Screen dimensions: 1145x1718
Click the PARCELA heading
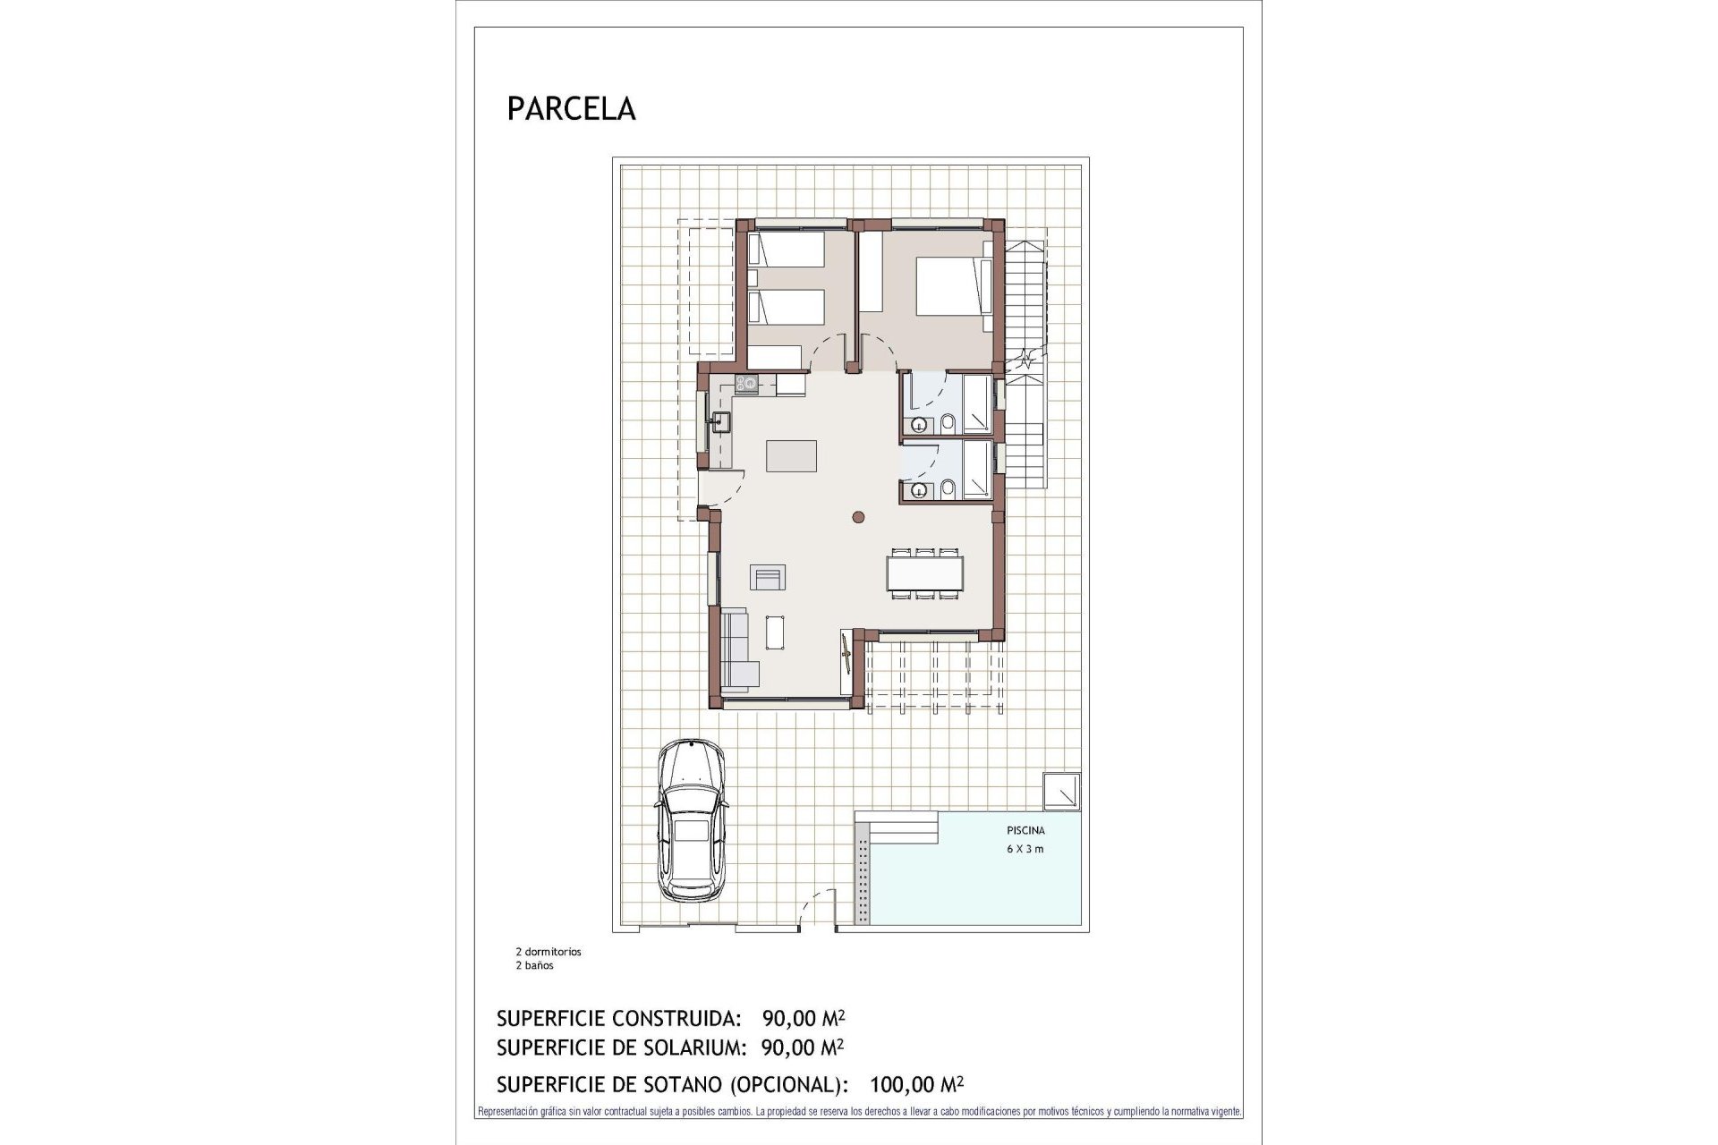tap(571, 108)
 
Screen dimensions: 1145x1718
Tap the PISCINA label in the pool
tap(1025, 830)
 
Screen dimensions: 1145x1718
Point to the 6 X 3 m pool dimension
tap(1025, 849)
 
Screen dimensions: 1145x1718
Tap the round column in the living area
tap(858, 516)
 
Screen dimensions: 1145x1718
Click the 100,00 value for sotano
tap(901, 1085)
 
